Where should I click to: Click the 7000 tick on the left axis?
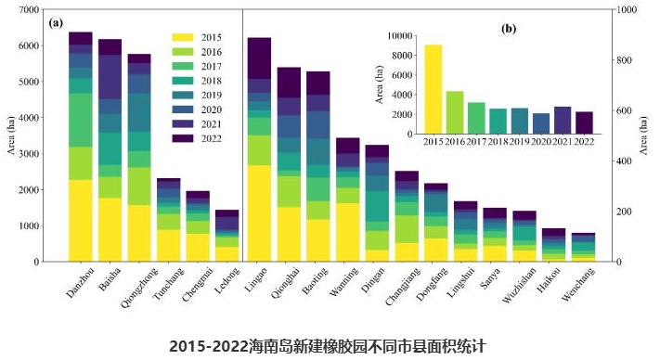pos(29,9)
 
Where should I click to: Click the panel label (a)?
pos(56,21)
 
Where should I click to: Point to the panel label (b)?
pos(508,29)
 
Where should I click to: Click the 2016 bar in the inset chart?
pos(455,111)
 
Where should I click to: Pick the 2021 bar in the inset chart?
pos(563,120)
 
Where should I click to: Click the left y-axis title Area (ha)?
pos(11,135)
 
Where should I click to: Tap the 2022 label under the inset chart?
pos(584,141)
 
